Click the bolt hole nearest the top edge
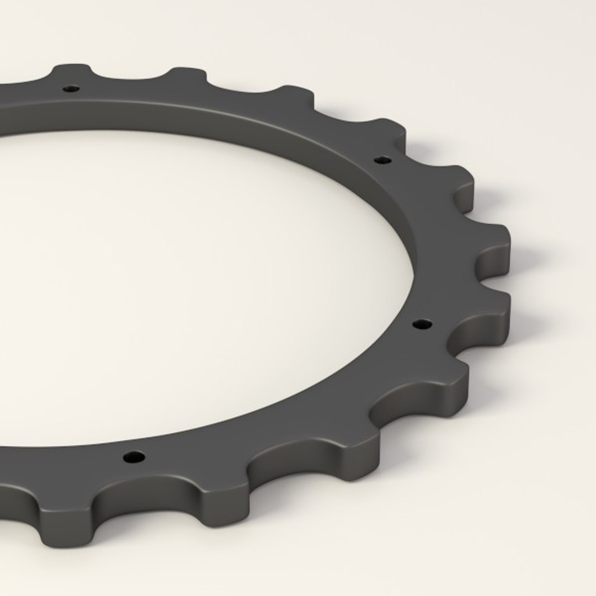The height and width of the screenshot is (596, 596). tap(71, 88)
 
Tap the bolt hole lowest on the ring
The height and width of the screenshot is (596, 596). tap(134, 457)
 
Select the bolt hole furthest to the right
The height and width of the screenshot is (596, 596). tap(423, 324)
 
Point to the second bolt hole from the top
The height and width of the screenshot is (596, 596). tap(382, 161)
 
